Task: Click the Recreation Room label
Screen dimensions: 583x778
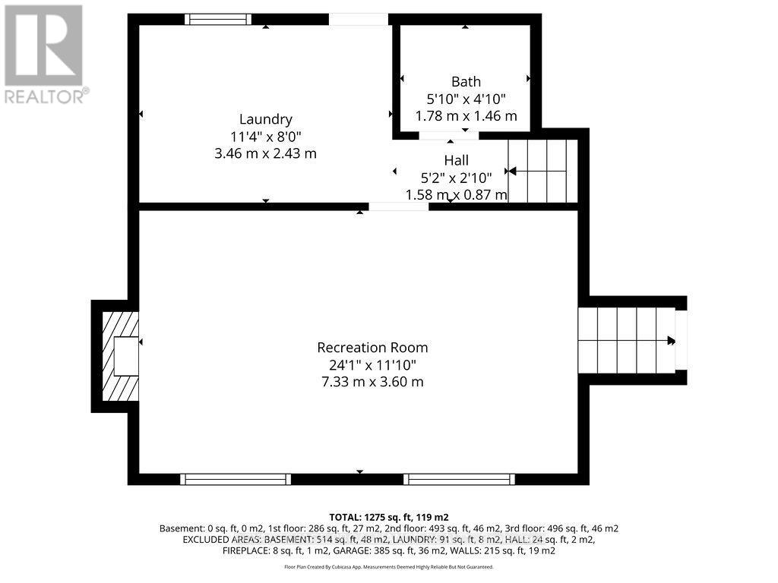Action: click(x=372, y=348)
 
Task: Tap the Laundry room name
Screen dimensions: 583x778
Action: click(x=265, y=119)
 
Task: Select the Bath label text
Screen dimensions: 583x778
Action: click(x=466, y=82)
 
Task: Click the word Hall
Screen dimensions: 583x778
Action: click(x=456, y=160)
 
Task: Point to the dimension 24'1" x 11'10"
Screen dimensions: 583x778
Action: click(x=372, y=365)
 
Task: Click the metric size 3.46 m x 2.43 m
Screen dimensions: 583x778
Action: click(x=265, y=153)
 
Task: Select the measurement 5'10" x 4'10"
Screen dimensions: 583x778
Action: click(x=466, y=99)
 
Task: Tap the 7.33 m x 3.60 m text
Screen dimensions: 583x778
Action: click(x=372, y=382)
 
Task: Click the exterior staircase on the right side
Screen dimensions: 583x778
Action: click(x=627, y=340)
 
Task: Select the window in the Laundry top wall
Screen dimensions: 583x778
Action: click(x=220, y=20)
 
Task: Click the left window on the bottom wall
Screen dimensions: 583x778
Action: click(x=236, y=479)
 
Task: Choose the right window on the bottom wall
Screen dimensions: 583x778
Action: click(x=459, y=479)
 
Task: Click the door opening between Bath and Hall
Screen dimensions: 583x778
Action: click(x=449, y=136)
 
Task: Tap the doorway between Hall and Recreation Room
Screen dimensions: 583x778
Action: click(x=399, y=206)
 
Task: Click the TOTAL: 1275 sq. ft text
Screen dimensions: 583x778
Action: click(x=388, y=516)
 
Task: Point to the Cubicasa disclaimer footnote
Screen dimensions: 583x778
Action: click(x=388, y=567)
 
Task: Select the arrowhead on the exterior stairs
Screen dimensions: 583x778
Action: click(x=671, y=341)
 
